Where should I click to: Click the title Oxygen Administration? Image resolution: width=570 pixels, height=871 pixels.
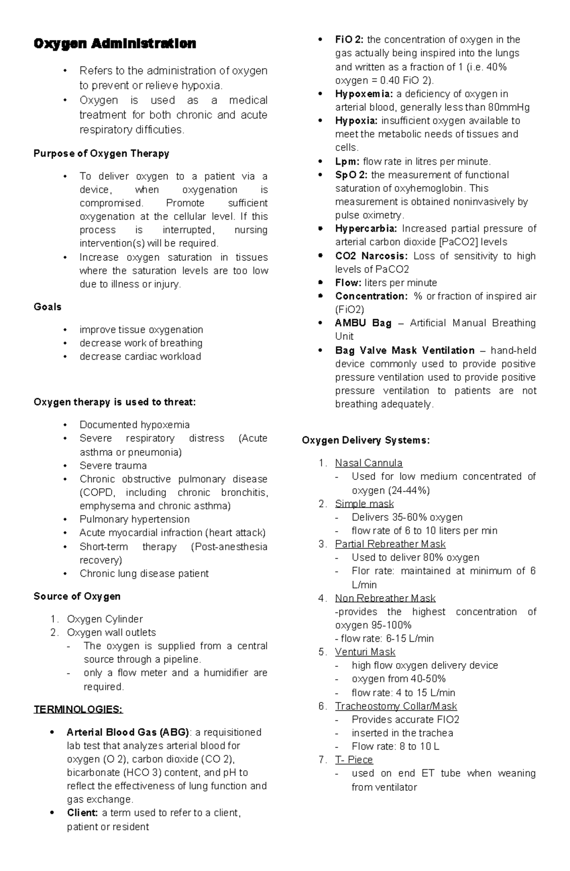coord(114,44)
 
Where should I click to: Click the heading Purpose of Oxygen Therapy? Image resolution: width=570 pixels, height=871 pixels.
coord(101,153)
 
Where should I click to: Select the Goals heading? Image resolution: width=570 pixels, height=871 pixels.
coord(47,307)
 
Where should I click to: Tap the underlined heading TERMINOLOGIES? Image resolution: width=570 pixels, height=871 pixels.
coord(78,709)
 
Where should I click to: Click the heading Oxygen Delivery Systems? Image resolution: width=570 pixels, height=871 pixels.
coord(366,440)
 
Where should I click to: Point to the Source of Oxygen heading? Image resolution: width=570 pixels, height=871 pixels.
coord(77,596)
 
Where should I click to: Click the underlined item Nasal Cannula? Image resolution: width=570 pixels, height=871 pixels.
coord(369,463)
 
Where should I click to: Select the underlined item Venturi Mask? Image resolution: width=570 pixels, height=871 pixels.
coord(365,652)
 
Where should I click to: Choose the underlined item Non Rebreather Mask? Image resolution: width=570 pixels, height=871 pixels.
coord(385,598)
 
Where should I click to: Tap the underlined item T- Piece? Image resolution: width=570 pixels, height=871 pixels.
coord(354,759)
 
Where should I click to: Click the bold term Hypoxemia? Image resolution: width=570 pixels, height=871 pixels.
coord(364,94)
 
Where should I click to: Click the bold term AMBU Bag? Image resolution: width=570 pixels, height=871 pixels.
coord(363,323)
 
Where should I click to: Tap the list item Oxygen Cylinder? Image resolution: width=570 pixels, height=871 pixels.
coord(104,619)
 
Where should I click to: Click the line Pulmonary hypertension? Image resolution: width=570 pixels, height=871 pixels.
coord(134,519)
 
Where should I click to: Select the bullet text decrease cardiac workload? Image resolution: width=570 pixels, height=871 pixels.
coord(140,356)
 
